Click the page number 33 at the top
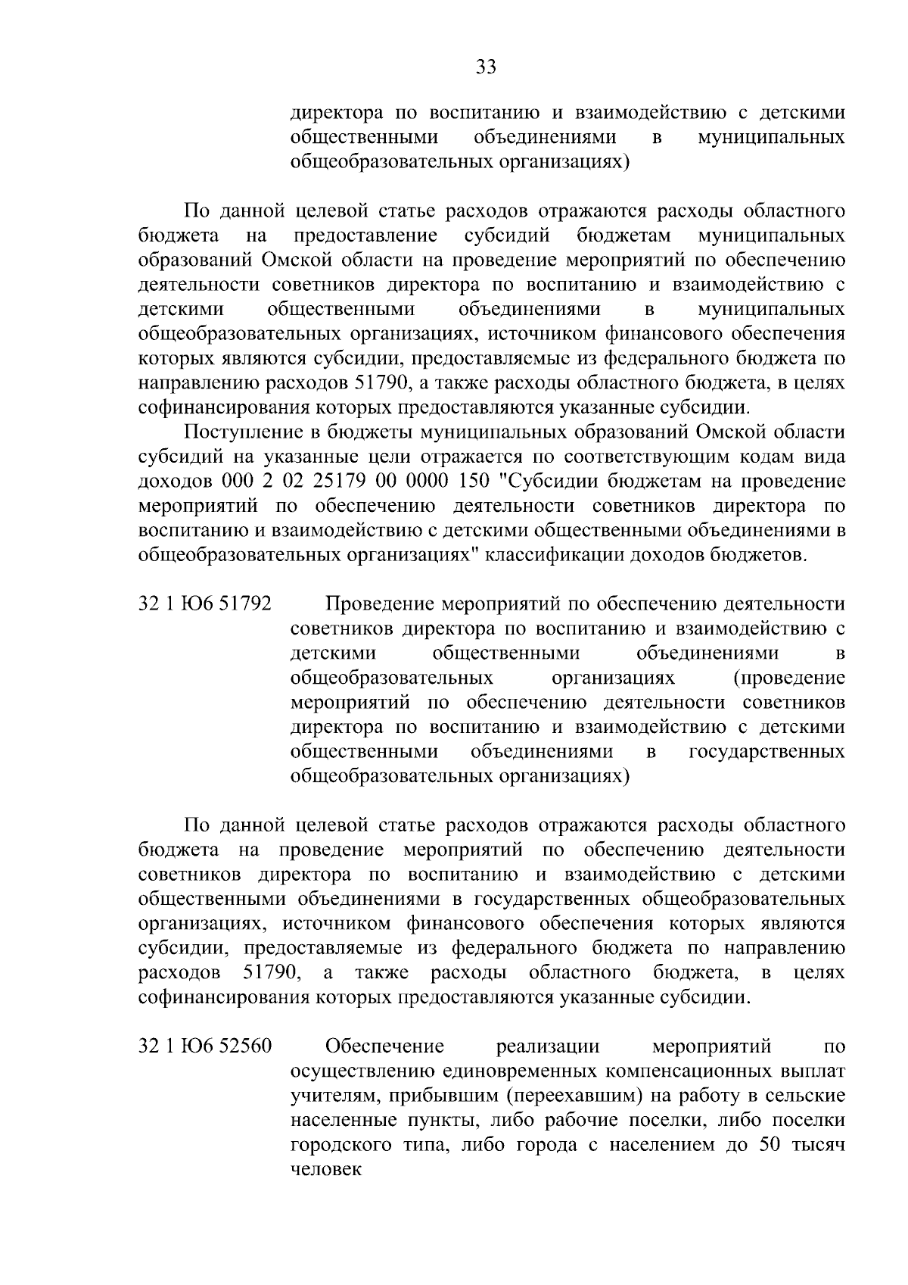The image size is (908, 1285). point(485,68)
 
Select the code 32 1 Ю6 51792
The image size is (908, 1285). point(205,604)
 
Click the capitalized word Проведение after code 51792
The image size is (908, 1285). point(378,604)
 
